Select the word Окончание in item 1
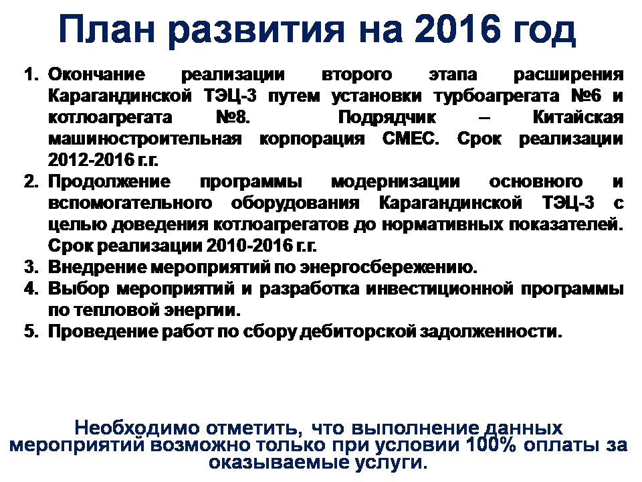(x=96, y=74)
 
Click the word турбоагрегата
(x=497, y=96)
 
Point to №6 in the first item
(x=586, y=96)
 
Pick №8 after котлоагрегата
(x=233, y=117)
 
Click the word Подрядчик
(x=387, y=118)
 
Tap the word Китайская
(x=578, y=117)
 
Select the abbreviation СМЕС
(x=410, y=139)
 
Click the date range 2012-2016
(x=90, y=160)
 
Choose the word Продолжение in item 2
(x=109, y=182)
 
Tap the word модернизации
(x=395, y=182)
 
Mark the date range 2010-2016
(x=249, y=246)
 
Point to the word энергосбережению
(x=389, y=268)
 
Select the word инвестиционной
(x=439, y=289)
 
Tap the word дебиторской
(x=358, y=332)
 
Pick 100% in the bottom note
(x=491, y=445)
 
